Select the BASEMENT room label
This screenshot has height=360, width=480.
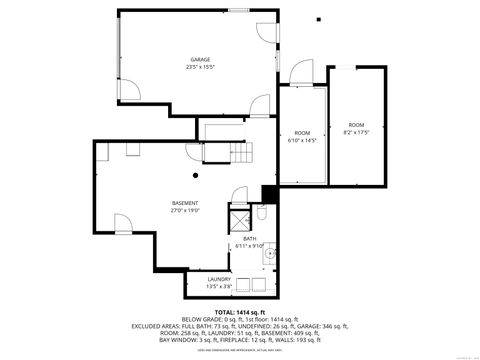click(x=185, y=203)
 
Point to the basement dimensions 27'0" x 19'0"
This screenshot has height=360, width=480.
click(x=185, y=211)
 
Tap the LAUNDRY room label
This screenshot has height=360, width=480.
click(x=219, y=279)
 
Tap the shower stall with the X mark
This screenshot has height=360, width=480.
click(x=241, y=221)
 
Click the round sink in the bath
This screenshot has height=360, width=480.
click(x=268, y=256)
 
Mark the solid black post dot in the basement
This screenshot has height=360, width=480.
click(x=197, y=175)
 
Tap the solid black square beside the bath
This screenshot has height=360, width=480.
click(x=268, y=194)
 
